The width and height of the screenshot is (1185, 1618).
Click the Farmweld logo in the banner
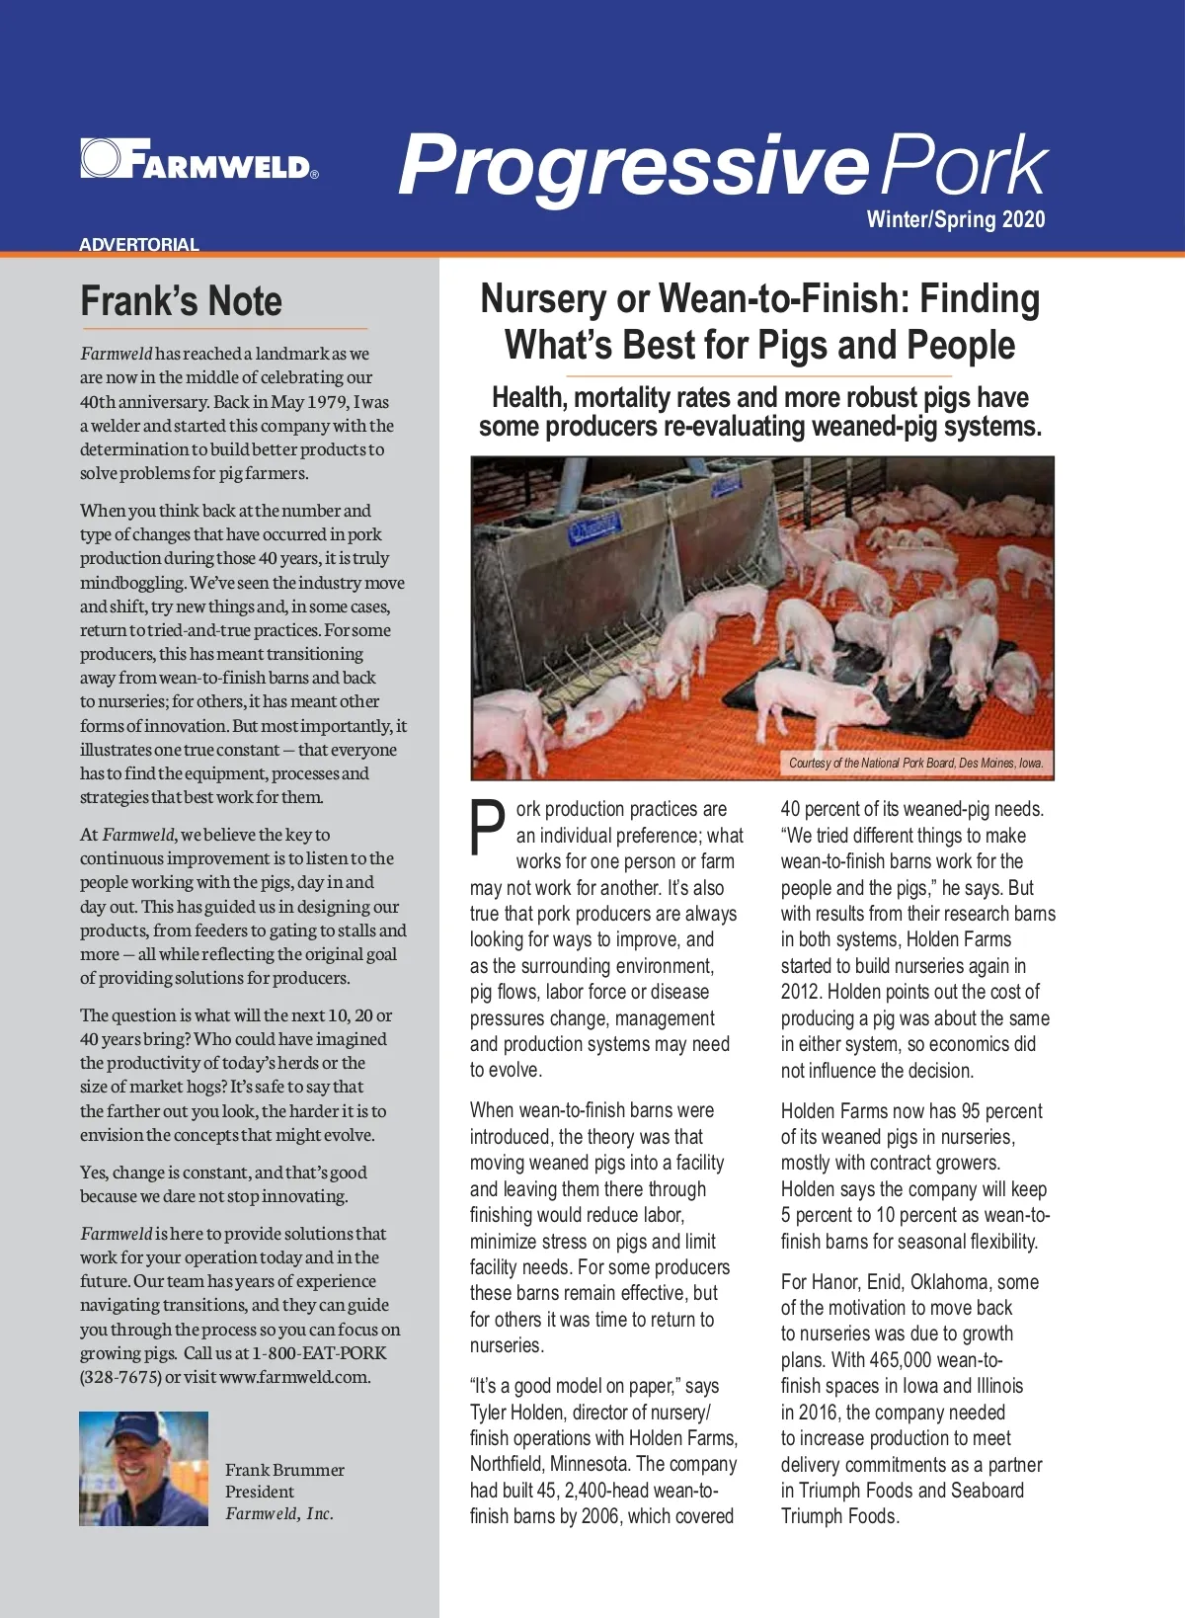[198, 159]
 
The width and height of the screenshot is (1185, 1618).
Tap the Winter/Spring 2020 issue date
[955, 219]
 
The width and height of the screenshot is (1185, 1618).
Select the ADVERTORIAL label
[139, 244]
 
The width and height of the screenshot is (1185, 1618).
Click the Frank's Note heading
[181, 301]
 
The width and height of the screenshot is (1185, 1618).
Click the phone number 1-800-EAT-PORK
[319, 1352]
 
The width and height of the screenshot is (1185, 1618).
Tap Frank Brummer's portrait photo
[143, 1468]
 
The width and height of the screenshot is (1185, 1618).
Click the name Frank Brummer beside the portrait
[284, 1470]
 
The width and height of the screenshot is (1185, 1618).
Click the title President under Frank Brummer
[259, 1492]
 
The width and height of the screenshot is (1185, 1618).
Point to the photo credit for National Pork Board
[915, 763]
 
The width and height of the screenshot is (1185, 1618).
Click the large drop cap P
[488, 828]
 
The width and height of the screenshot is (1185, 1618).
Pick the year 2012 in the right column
[800, 992]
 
